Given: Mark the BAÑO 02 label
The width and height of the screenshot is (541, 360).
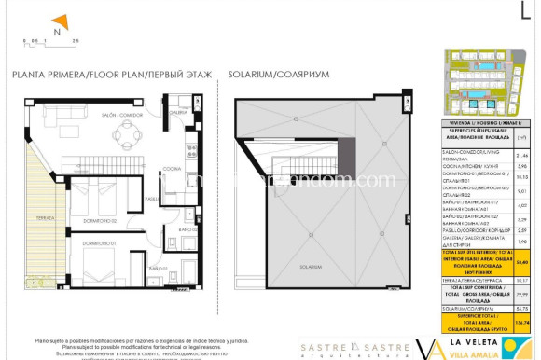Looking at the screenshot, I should click(187, 228).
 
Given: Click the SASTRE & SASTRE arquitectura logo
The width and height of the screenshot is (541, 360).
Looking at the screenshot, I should click(342, 349).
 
